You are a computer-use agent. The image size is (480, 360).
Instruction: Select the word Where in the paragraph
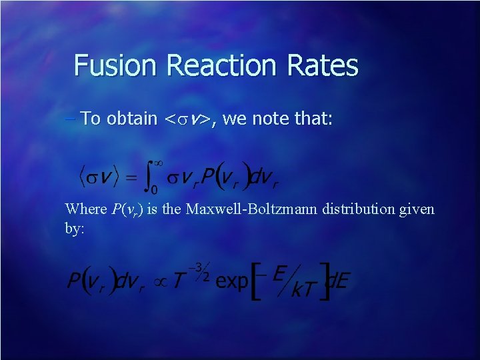point(85,209)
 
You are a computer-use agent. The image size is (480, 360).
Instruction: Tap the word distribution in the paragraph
point(357,209)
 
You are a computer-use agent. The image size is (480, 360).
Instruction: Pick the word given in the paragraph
point(418,209)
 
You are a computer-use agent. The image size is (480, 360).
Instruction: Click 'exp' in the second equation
point(231,281)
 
